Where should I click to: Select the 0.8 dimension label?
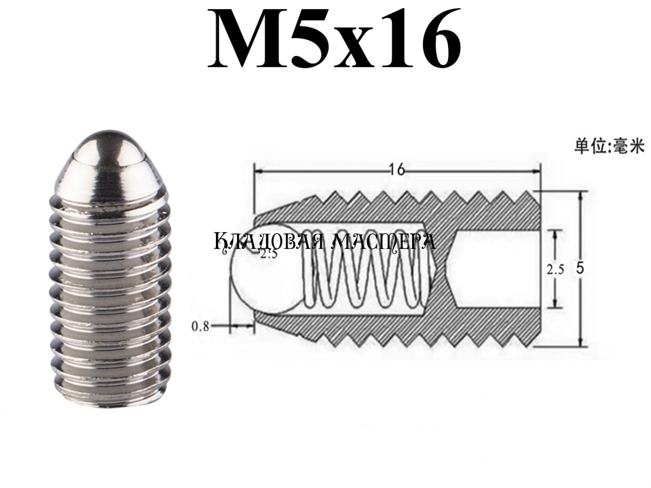click(x=201, y=326)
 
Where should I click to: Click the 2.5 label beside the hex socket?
click(x=555, y=270)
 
